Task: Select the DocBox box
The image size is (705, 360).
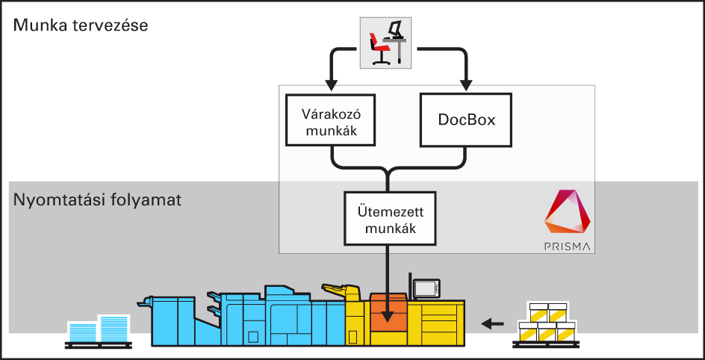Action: tap(467, 120)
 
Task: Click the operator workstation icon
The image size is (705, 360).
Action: tap(385, 43)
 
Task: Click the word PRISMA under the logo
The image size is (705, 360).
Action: tap(568, 246)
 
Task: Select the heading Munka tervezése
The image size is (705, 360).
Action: tap(81, 25)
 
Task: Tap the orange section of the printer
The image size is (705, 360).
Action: tap(388, 314)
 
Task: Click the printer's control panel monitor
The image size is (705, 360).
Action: tap(426, 288)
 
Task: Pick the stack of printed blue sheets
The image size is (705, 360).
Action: tap(99, 329)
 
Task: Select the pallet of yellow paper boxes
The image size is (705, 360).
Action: tap(544, 323)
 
